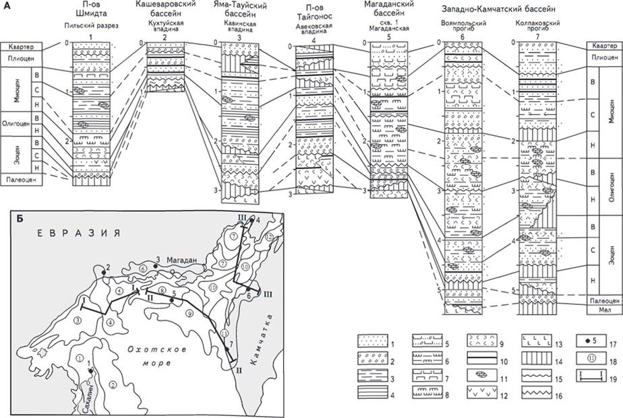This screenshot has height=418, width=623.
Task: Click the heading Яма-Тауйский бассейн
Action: tap(238, 13)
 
